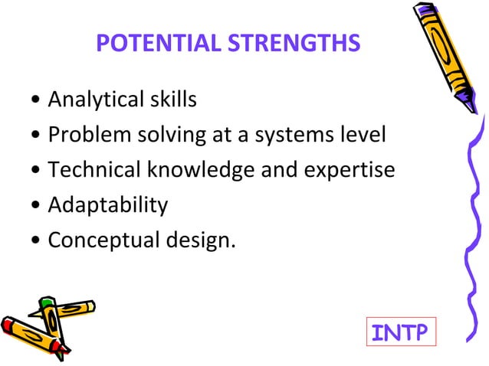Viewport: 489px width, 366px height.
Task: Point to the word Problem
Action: [x=84, y=135]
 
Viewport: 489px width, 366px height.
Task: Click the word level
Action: [x=364, y=135]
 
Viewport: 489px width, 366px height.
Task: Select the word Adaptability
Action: [x=107, y=205]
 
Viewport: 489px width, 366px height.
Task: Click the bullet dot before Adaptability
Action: [x=38, y=206]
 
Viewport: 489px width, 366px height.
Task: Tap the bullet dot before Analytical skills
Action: [x=38, y=100]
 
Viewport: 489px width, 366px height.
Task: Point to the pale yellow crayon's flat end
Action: [x=91, y=307]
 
